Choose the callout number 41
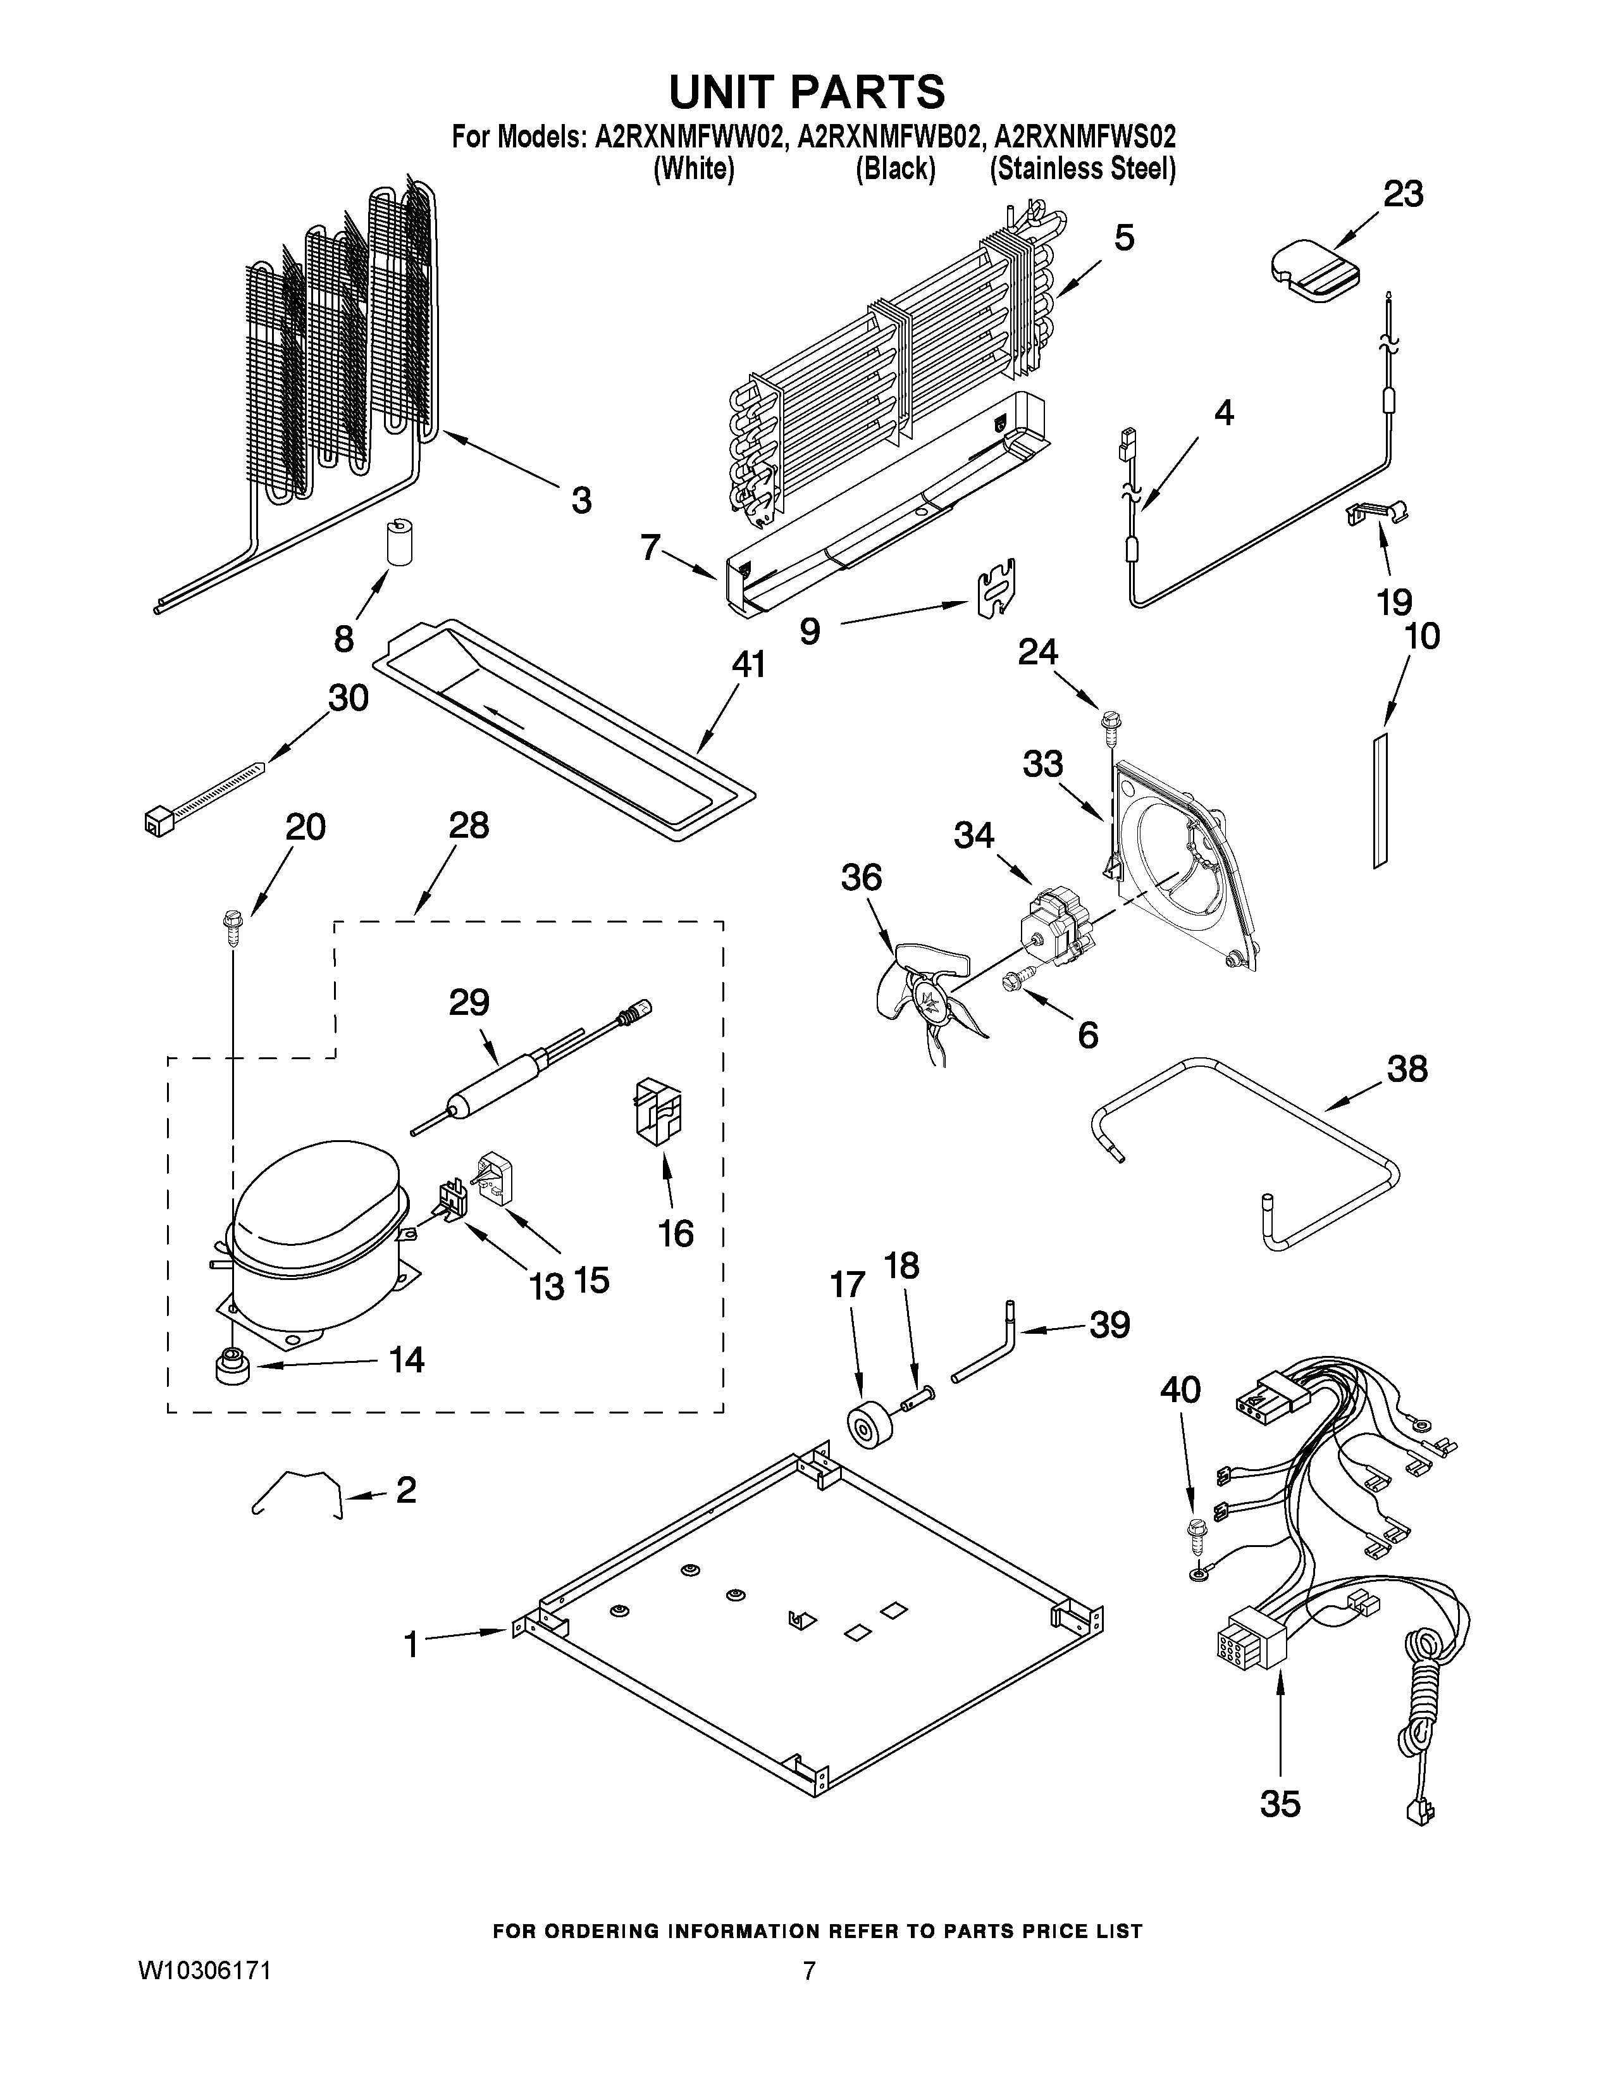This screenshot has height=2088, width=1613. coord(748,664)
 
